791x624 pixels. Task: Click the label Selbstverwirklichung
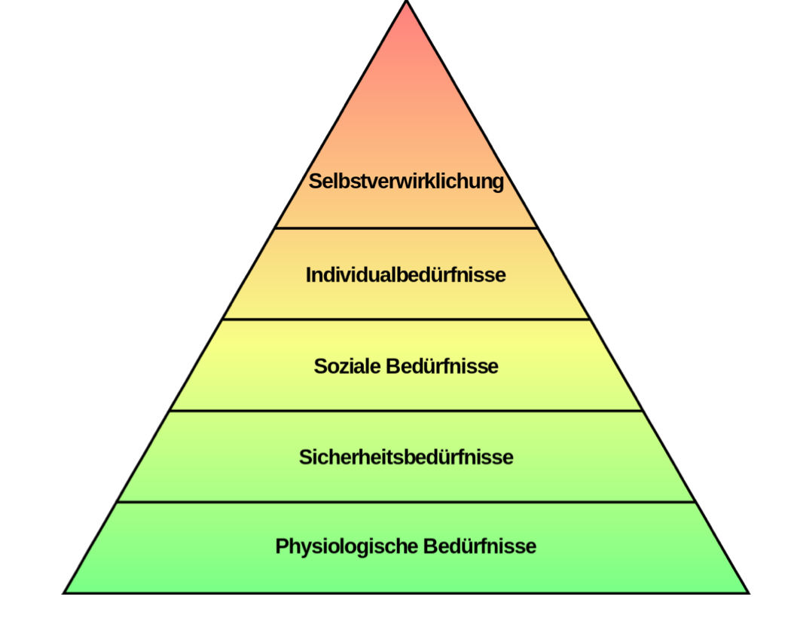pyautogui.click(x=406, y=182)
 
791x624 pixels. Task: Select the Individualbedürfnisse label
pyautogui.click(x=405, y=275)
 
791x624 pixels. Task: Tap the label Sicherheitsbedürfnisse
pyautogui.click(x=406, y=457)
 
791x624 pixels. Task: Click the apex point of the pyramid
pyautogui.click(x=407, y=2)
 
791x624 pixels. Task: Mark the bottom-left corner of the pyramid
pyautogui.click(x=65, y=592)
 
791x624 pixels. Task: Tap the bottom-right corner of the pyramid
pyautogui.click(x=748, y=592)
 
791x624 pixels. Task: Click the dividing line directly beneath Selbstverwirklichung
pyautogui.click(x=406, y=228)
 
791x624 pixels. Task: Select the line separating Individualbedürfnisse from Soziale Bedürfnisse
pyautogui.click(x=406, y=319)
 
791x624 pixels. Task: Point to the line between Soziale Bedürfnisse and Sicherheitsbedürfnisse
pyautogui.click(x=406, y=411)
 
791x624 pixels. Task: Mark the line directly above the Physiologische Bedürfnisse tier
pyautogui.click(x=406, y=502)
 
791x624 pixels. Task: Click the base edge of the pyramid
pyautogui.click(x=406, y=593)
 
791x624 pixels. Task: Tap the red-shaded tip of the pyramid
pyautogui.click(x=407, y=38)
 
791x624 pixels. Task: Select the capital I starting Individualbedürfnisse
pyautogui.click(x=309, y=275)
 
